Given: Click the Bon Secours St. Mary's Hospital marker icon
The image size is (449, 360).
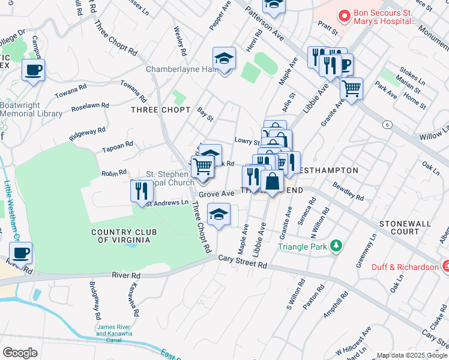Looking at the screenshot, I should pos(345,16).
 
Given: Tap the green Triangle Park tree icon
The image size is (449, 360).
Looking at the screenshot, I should pos(336,245).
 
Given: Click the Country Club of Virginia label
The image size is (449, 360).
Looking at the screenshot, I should pos(121,236).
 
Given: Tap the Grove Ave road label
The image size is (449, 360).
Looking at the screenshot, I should pos(216,194).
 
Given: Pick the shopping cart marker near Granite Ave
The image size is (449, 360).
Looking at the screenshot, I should pos(351,88).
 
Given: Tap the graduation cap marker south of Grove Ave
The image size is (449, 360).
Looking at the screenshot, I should pos(218,214).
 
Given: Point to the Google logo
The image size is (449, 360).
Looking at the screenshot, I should pos(20,352).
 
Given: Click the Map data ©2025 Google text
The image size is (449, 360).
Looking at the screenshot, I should pos(412,355).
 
